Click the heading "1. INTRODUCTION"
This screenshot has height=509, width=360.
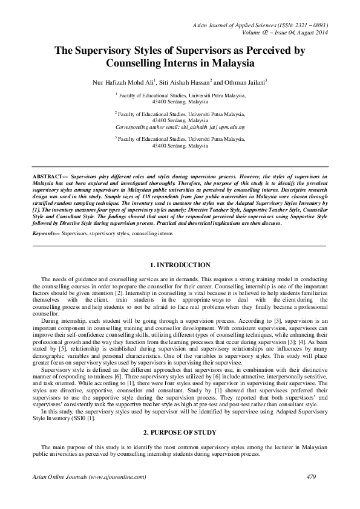pyautogui.click(x=180, y=265)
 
